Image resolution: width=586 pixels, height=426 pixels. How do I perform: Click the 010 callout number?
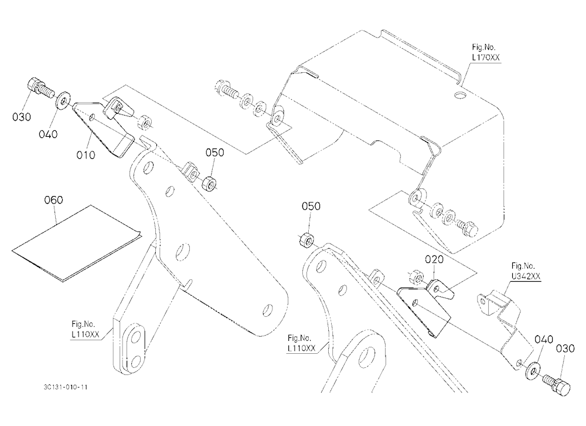[86, 154]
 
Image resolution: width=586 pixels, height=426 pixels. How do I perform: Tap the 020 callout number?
[434, 259]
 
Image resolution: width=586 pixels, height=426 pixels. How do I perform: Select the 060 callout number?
[53, 200]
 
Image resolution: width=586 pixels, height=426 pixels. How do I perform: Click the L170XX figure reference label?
[485, 53]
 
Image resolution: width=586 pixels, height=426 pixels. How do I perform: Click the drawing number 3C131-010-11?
[66, 387]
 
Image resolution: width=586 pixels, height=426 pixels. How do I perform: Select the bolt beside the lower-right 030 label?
[556, 384]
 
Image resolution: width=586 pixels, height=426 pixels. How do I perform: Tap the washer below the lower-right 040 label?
[532, 370]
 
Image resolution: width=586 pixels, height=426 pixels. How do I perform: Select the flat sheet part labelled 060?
[75, 242]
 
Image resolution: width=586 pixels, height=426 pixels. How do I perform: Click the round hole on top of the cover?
[461, 94]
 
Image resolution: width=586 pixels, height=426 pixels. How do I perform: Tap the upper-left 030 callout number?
[22, 117]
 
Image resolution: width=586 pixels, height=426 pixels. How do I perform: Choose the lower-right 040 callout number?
[544, 340]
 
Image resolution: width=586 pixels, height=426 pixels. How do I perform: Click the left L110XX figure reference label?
[86, 329]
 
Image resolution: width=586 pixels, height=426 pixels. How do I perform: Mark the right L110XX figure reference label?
[302, 343]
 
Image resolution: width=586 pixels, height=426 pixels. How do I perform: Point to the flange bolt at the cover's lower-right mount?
[465, 227]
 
